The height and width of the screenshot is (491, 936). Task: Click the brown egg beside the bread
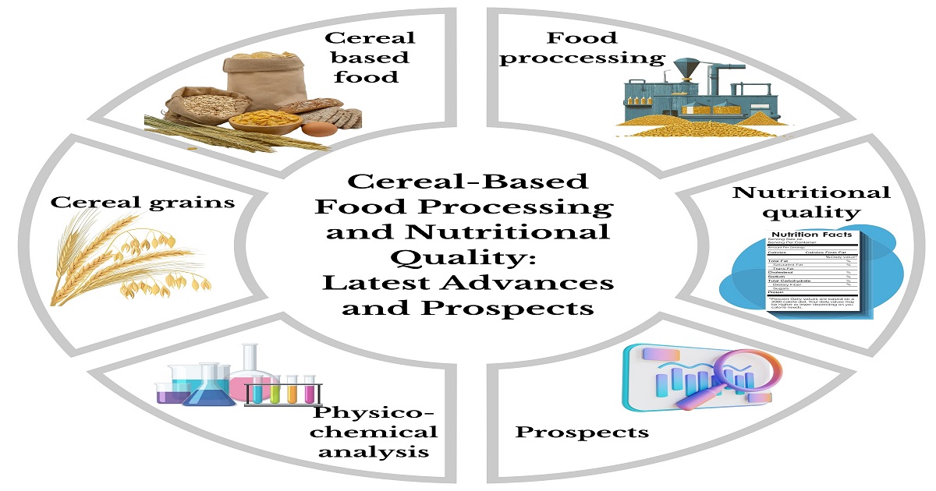315,129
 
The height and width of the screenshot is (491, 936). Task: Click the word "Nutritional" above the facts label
810,192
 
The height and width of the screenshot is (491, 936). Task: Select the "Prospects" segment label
582,431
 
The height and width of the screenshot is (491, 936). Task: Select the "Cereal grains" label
144,202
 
